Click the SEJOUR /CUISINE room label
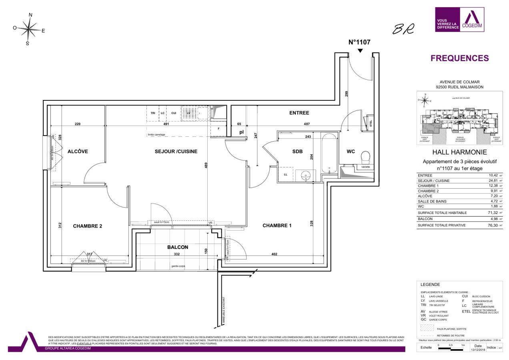point(176,151)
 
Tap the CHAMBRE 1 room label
point(277,226)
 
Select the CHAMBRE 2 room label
point(87,226)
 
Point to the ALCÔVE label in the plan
point(78,151)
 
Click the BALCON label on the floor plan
point(177,247)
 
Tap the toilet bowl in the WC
point(365,155)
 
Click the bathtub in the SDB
point(329,153)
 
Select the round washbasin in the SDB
point(306,174)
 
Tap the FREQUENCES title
point(459,58)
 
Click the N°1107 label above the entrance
point(360,41)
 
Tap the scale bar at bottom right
point(451,348)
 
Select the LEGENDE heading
point(430,284)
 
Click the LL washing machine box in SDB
point(285,174)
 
